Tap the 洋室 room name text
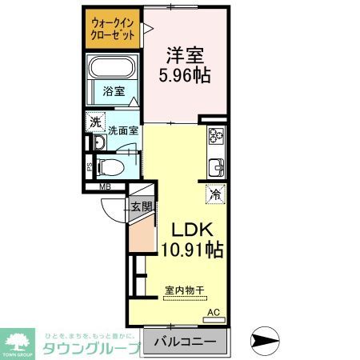pyautogui.click(x=186, y=56)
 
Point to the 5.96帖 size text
pyautogui.click(x=186, y=78)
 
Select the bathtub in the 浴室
pyautogui.click(x=113, y=70)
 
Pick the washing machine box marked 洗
pyautogui.click(x=95, y=122)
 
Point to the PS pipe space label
pyautogui.click(x=90, y=168)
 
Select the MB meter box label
pyautogui.click(x=104, y=189)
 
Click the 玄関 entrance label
pyautogui.click(x=141, y=207)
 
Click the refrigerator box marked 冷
pyautogui.click(x=215, y=193)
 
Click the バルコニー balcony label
pyautogui.click(x=186, y=342)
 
